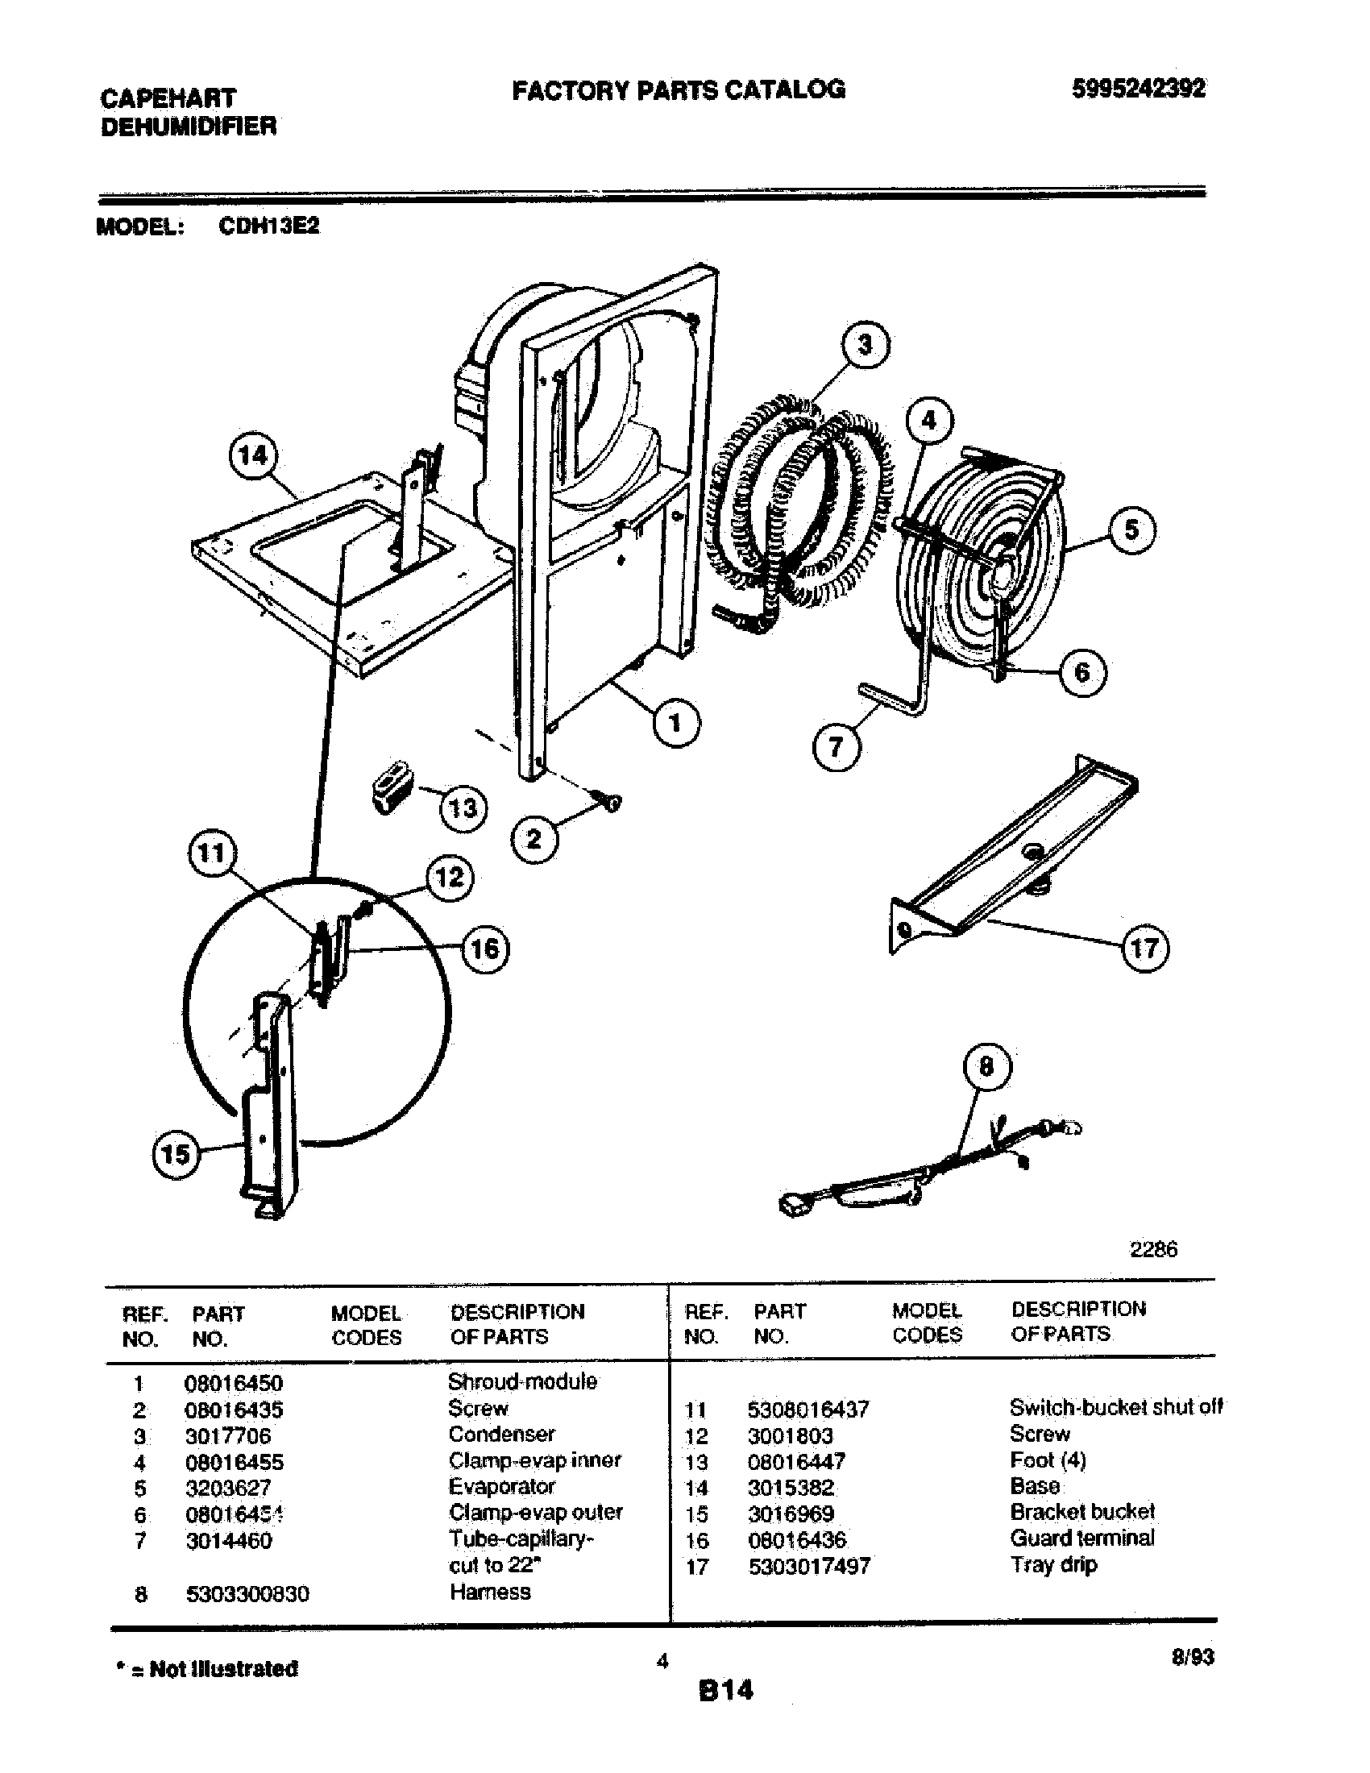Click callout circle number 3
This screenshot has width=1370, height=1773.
(x=866, y=345)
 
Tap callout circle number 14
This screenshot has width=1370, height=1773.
(x=252, y=455)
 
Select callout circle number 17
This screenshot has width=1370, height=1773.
(x=1144, y=948)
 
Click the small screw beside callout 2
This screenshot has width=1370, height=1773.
(x=609, y=800)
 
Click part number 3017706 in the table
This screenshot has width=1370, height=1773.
(x=228, y=1435)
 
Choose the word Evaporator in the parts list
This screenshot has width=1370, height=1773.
(x=501, y=1486)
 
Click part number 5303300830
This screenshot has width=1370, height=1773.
(x=247, y=1594)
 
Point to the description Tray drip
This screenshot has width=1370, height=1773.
(x=1053, y=1564)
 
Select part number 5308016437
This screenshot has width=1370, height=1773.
(x=807, y=1410)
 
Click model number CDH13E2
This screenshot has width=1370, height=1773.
(x=268, y=226)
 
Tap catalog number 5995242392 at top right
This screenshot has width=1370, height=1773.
(x=1138, y=89)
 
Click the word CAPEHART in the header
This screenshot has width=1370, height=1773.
(x=168, y=98)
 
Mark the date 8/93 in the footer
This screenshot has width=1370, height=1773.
(x=1192, y=1657)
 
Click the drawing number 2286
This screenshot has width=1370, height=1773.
(x=1153, y=1249)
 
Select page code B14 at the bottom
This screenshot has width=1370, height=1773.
(x=725, y=1689)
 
